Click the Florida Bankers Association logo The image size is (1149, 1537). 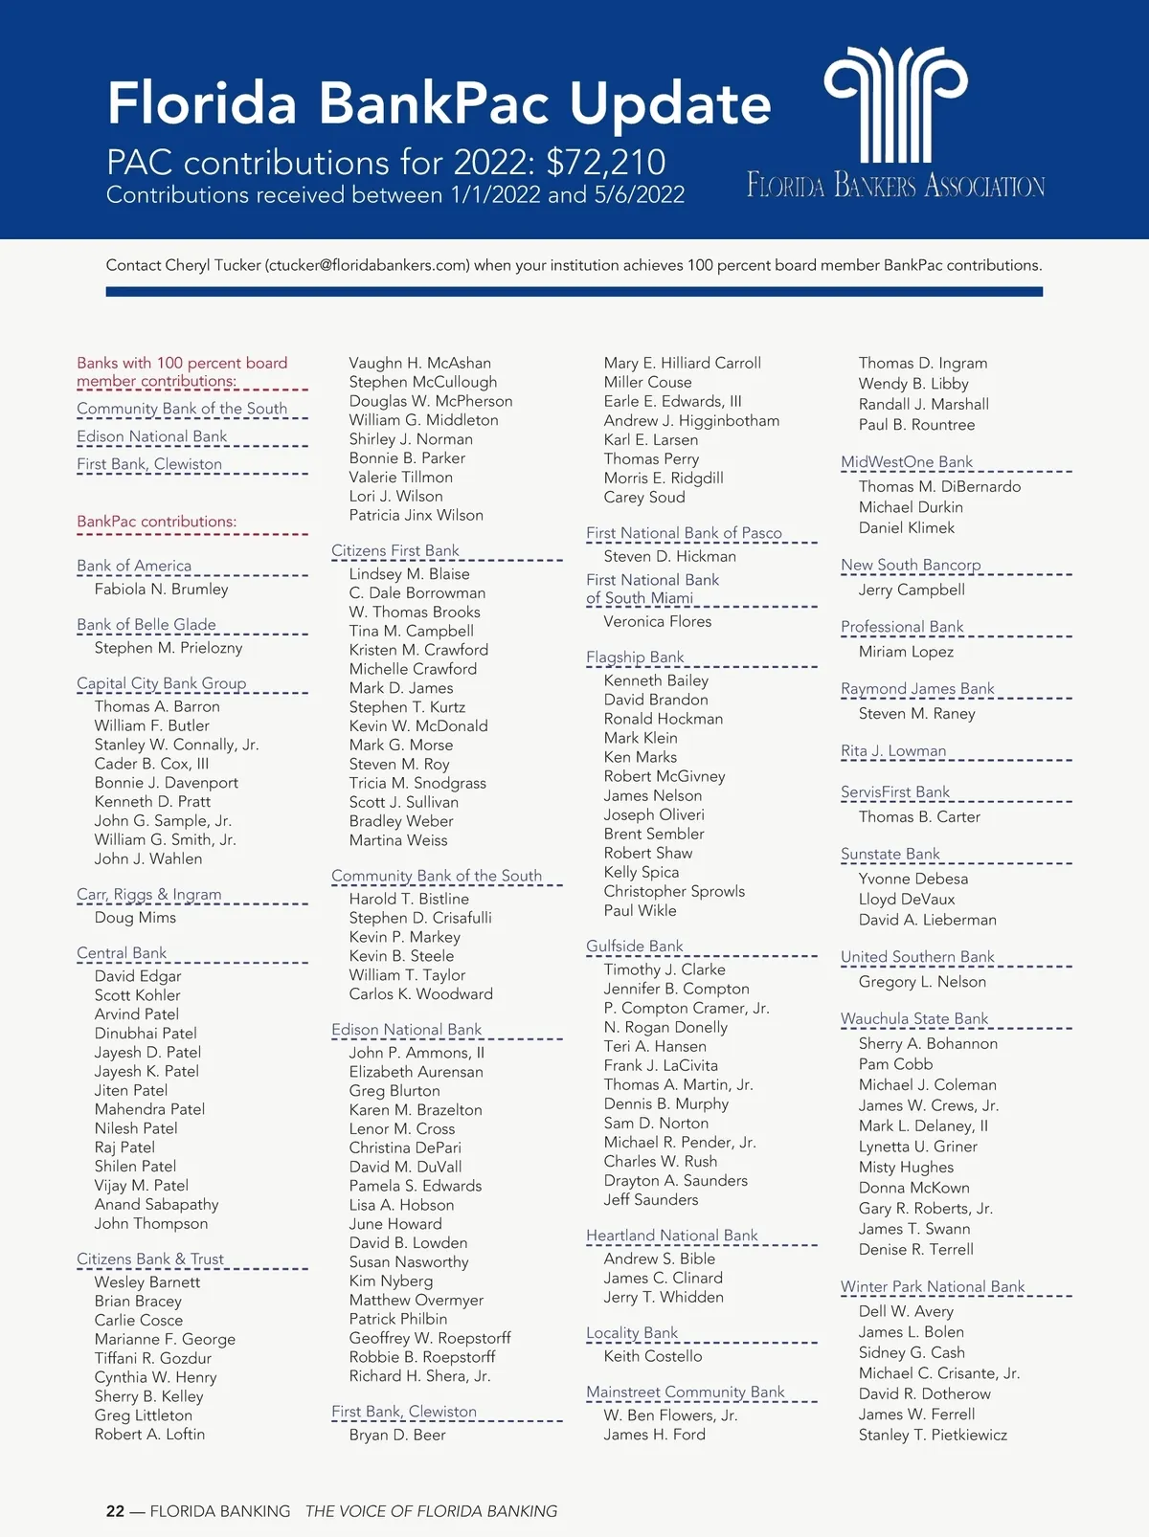[x=895, y=120]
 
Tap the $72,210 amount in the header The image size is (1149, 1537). [x=605, y=163]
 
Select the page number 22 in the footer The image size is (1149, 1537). [x=115, y=1511]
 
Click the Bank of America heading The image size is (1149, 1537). [x=134, y=566]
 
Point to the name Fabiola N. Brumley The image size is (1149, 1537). [x=161, y=590]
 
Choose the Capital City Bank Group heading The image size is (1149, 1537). [x=161, y=683]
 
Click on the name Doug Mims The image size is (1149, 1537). [x=135, y=918]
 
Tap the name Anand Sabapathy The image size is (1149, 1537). [x=156, y=1205]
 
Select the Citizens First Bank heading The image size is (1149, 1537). [x=394, y=550]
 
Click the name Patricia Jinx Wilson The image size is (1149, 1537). [x=416, y=516]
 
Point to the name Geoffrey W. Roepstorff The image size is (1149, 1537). [x=429, y=1338]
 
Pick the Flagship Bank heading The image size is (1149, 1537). [x=635, y=657]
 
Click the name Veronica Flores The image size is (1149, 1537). [x=657, y=622]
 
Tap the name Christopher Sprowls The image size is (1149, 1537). [x=673, y=892]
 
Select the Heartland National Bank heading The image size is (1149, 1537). [x=671, y=1236]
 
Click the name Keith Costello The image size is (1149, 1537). [x=652, y=1356]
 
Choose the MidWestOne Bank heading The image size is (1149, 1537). [x=906, y=462]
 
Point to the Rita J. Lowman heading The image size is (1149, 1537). [x=892, y=751]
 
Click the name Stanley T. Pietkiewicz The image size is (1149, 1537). [x=932, y=1436]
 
